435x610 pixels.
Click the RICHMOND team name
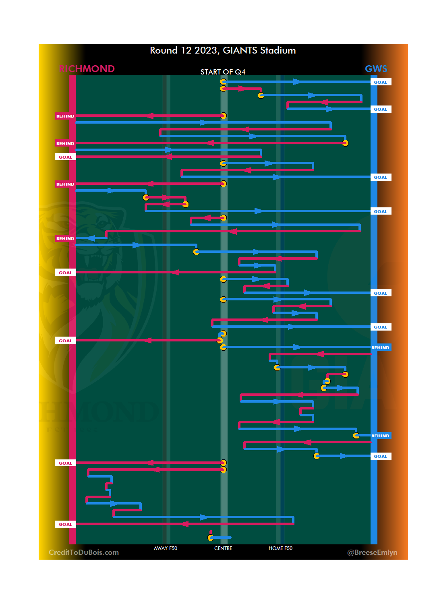click(x=87, y=69)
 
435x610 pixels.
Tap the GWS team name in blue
click(x=376, y=69)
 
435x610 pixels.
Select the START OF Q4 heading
click(x=223, y=72)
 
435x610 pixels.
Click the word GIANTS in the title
click(x=240, y=51)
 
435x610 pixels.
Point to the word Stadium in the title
click(x=278, y=51)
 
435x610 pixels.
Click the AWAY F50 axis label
click(x=165, y=548)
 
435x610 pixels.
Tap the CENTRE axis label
click(x=223, y=548)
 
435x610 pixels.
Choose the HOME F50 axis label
click(x=280, y=548)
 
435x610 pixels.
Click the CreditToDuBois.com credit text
click(x=84, y=552)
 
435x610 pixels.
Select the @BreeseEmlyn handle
click(x=372, y=552)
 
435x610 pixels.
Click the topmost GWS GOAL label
click(x=381, y=82)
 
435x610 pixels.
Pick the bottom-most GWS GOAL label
click(x=381, y=456)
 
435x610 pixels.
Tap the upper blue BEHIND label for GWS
click(x=381, y=347)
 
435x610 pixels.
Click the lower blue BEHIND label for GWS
click(x=381, y=436)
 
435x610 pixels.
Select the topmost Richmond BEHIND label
click(x=65, y=116)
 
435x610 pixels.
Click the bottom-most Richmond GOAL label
click(x=65, y=524)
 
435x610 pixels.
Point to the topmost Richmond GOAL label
click(x=65, y=157)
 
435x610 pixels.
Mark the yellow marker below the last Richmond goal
click(x=211, y=538)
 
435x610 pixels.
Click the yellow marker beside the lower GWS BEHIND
click(x=356, y=436)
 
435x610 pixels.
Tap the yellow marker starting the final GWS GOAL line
click(x=317, y=456)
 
